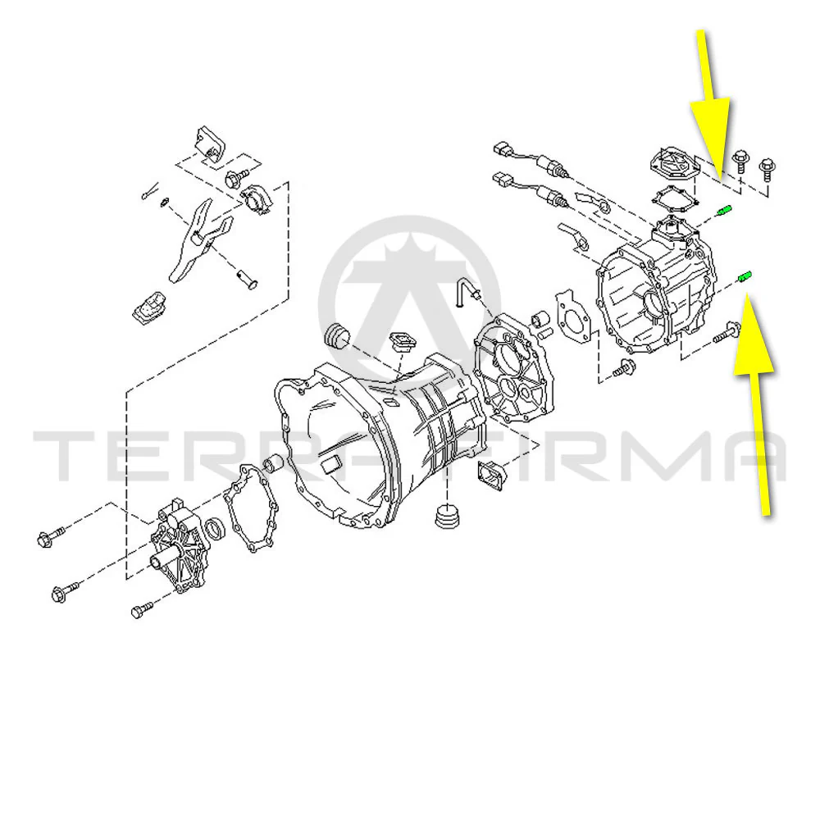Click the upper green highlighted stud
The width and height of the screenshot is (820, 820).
click(x=723, y=212)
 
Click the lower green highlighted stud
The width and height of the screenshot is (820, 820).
click(x=745, y=276)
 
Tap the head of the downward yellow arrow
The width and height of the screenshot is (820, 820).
click(x=710, y=136)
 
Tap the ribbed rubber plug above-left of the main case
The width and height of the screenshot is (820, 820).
click(x=336, y=336)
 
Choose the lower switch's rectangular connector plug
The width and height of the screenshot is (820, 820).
click(x=502, y=180)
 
